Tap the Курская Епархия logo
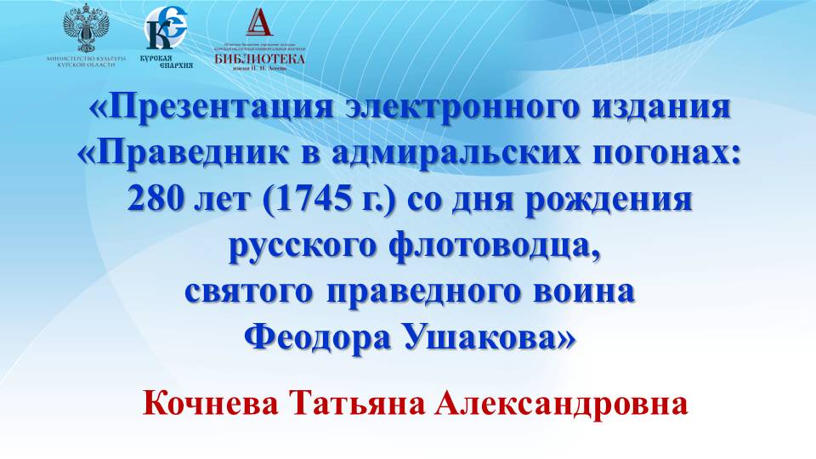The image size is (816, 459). pos(165,29)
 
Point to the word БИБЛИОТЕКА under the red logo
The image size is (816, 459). pos(259,59)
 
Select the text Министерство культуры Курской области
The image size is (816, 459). pos(88,61)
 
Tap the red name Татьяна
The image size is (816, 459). pos(360,402)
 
